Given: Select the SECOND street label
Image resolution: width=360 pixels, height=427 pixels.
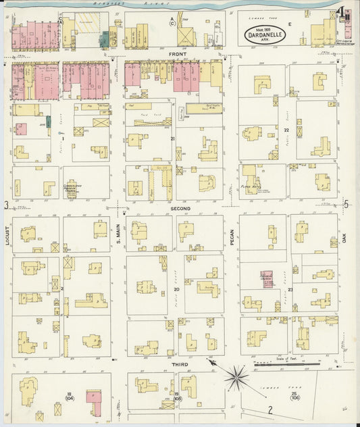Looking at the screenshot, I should pos(180,209).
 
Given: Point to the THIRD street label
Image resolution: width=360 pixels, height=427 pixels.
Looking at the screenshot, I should pos(180,365).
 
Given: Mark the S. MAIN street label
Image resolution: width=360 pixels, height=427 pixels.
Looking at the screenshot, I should pos(118,236).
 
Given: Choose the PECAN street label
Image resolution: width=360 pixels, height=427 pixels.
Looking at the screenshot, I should pos(232,236).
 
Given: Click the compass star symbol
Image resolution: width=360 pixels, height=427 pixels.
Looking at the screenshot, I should pos(237,376).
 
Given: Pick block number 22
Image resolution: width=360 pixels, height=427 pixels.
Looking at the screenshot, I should pos(286,130).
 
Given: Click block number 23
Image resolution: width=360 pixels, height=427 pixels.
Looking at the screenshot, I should pos(289,289).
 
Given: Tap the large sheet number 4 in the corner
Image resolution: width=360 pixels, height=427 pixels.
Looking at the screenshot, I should pos(344,13).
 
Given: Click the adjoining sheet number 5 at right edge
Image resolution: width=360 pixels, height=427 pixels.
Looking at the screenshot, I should pos(346,204).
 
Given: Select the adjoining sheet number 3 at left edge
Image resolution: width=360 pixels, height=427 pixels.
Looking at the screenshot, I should pos(6,205).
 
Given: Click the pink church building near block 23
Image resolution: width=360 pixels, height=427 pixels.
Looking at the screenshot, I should pos(267,279).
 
